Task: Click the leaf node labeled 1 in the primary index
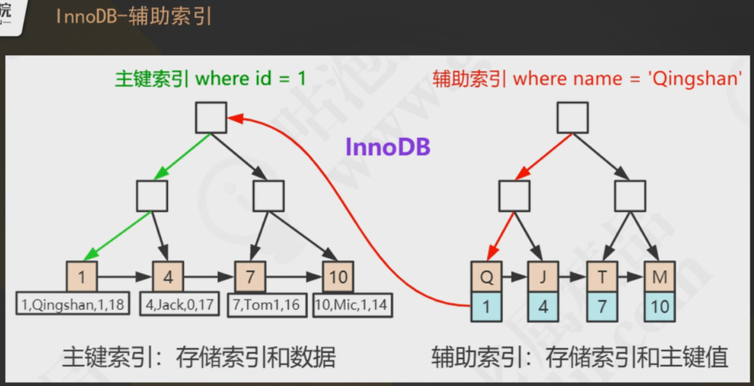(x=82, y=277)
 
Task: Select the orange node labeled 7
(x=250, y=277)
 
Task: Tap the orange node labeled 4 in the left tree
(x=168, y=277)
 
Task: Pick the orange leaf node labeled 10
(x=338, y=277)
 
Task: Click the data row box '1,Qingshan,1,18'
(x=72, y=305)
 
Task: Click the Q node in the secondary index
(x=486, y=277)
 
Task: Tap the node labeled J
(x=543, y=277)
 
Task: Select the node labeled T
(x=602, y=277)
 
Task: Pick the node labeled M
(x=659, y=277)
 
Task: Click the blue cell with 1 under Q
(x=486, y=306)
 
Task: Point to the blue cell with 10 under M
(x=659, y=306)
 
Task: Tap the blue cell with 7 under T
(x=602, y=306)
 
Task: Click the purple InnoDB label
(x=388, y=147)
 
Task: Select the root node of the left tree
(x=211, y=118)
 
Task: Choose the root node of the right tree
(x=573, y=118)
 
